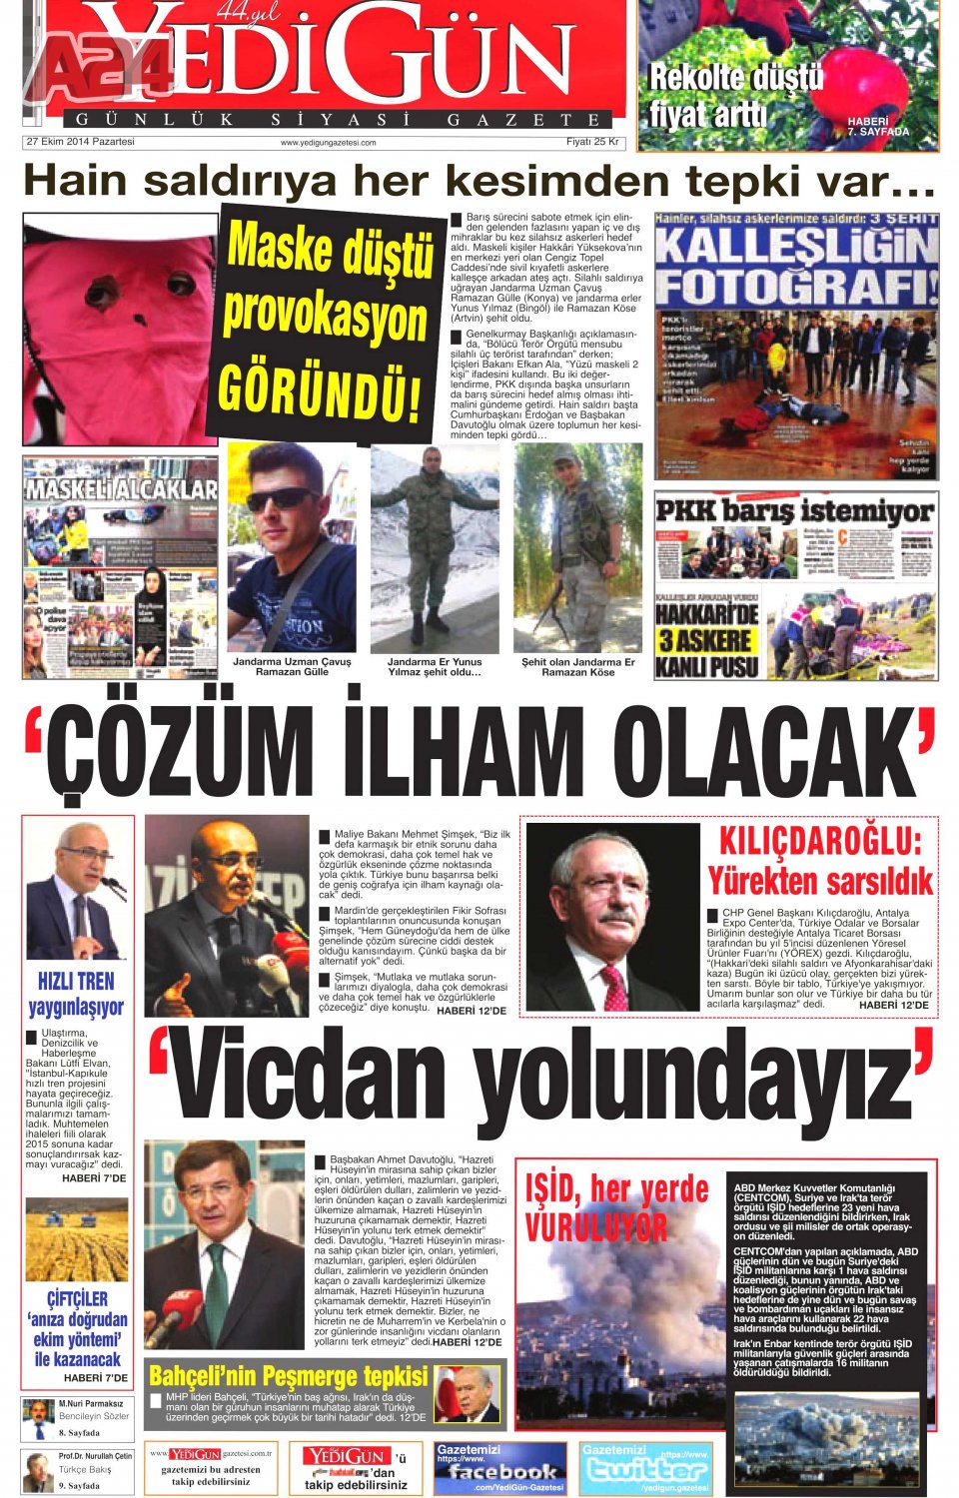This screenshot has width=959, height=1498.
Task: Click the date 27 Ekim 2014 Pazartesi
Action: tap(80, 142)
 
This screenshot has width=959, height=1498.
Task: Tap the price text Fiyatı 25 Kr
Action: tap(592, 142)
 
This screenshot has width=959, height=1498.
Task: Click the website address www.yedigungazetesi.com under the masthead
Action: tap(328, 143)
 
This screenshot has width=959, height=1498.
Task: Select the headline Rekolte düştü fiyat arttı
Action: tap(737, 96)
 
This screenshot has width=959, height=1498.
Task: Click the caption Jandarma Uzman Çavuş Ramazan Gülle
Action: tap(292, 667)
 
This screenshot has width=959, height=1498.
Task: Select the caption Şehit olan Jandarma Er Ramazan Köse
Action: tap(578, 667)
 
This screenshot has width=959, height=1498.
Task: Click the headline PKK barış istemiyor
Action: tap(795, 511)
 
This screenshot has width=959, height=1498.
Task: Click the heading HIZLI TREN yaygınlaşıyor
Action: tap(77, 994)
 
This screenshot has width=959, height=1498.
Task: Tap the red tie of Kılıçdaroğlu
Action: tap(614, 986)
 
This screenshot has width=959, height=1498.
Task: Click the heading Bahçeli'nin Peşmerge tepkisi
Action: tap(289, 1375)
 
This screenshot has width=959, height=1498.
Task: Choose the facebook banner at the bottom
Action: tap(499, 1468)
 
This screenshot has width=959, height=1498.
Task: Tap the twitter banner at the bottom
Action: tap(645, 1468)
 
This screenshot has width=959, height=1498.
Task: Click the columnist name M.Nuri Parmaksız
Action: tap(90, 1404)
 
